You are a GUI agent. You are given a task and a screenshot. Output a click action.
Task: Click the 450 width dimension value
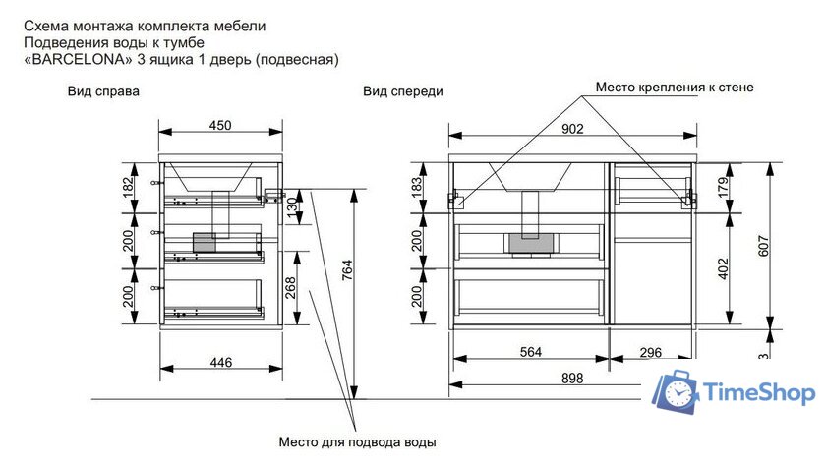tap(220, 125)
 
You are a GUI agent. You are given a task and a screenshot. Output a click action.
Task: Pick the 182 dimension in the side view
tap(128, 188)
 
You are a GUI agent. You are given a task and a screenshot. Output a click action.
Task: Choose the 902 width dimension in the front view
tap(572, 128)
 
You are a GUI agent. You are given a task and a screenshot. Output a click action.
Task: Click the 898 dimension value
tap(572, 378)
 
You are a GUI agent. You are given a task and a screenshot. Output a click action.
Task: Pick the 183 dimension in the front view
tap(416, 188)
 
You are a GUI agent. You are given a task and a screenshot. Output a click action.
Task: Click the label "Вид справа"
tap(102, 91)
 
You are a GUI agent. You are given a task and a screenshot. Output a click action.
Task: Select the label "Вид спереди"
tap(402, 91)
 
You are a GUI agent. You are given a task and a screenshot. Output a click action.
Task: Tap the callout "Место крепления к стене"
tap(675, 88)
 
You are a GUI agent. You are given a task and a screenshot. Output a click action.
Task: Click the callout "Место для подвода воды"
tap(357, 441)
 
